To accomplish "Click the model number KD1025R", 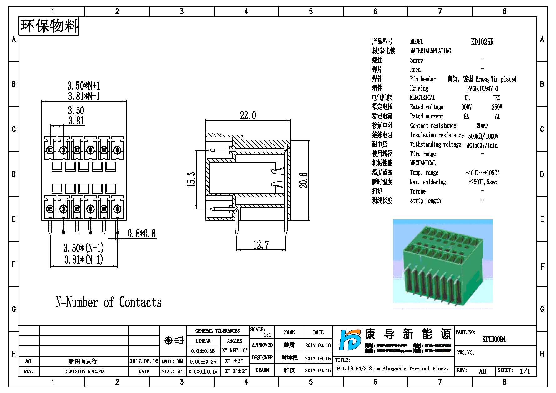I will point(482,42).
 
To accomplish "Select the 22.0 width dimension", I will point(248,116).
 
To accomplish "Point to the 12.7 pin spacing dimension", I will point(261,245).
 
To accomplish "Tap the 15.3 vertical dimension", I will point(191,179).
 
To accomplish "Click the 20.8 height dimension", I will point(304,180).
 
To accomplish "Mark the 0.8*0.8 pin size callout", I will point(141,234).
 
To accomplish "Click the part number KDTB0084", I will point(494,339).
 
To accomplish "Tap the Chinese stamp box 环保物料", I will point(49,26).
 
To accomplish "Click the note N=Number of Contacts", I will point(109,302).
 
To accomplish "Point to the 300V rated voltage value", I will point(466,107).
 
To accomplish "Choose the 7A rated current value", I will point(497,117).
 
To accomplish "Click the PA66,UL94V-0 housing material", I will point(482,89).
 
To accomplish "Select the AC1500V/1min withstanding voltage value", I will point(482,145).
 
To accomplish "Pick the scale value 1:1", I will point(267,335).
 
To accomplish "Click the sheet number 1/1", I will point(525,371).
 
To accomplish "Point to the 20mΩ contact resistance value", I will point(482,126).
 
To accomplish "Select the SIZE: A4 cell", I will point(172,371).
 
